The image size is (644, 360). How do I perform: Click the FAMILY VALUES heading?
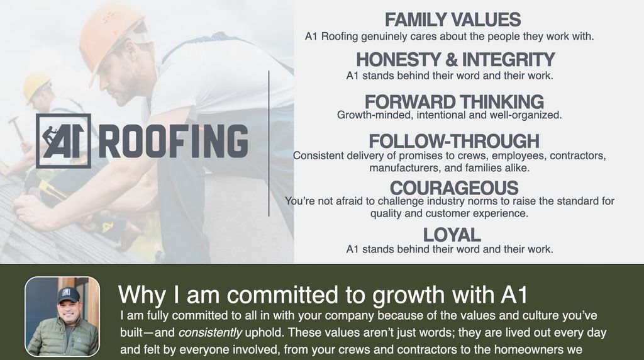point(453,20)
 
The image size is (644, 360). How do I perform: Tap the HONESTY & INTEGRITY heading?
point(455,59)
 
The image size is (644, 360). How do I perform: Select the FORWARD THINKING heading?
point(454,101)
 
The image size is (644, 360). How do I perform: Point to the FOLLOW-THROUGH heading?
point(454,141)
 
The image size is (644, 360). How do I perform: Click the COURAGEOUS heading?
point(454,188)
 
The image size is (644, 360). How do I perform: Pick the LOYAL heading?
point(452,235)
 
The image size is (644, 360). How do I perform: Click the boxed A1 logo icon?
point(64,141)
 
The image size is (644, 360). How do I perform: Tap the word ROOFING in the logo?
point(174,142)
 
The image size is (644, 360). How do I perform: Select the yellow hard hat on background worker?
point(36,86)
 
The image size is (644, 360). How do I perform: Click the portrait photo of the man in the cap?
point(62,317)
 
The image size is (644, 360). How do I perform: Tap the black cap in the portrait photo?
point(68,295)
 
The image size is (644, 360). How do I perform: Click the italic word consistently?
point(210,332)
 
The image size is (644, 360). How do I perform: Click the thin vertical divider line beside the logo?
point(269,143)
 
